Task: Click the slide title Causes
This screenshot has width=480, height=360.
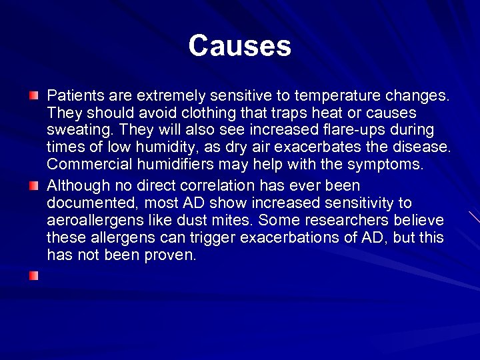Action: pos(239,46)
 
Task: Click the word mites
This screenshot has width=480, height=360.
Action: pos(233,220)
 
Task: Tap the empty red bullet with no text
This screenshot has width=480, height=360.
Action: pos(34,275)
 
